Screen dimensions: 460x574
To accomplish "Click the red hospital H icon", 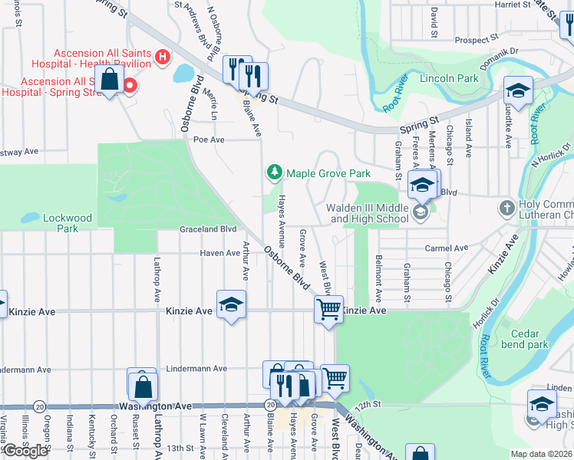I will (162, 56).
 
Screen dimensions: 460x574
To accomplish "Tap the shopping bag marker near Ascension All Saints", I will (110, 79).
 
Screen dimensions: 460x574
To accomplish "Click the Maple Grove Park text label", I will (328, 173).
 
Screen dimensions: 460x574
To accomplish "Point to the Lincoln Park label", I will (449, 79).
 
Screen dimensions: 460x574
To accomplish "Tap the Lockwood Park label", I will (67, 223).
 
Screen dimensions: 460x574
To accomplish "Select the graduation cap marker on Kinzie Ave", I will (231, 304).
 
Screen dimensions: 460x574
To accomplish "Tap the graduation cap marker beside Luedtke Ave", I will (518, 91).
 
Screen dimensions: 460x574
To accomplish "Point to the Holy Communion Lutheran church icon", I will (506, 208).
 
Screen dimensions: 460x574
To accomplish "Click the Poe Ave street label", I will (208, 140).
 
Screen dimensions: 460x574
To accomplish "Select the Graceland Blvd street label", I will (207, 229).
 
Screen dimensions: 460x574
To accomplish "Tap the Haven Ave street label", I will (219, 253).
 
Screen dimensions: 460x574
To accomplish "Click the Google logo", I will (25, 450).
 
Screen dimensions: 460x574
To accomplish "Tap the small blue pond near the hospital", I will (183, 74).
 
